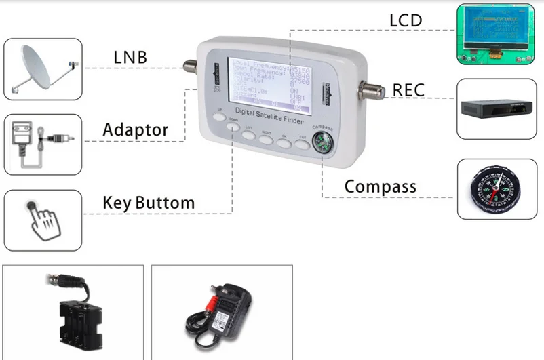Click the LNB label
[x=129, y=57]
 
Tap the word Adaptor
[x=136, y=129]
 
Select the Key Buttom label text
[x=149, y=202]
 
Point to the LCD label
[x=406, y=20]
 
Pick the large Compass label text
[x=380, y=185]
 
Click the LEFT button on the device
[x=249, y=134]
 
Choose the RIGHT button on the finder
[x=266, y=140]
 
